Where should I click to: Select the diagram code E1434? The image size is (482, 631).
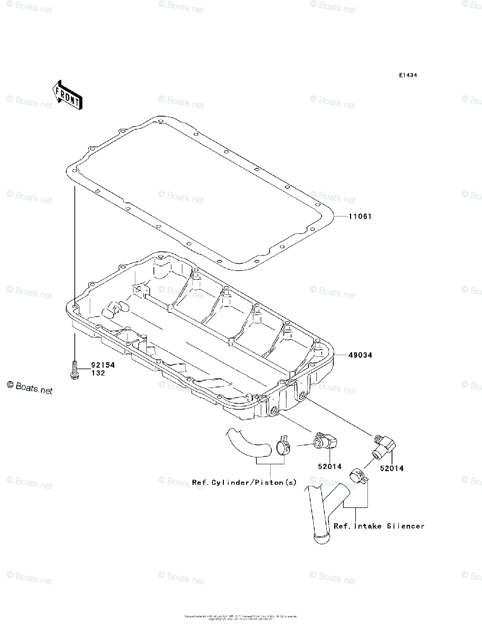[407, 76]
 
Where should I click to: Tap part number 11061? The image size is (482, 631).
[360, 216]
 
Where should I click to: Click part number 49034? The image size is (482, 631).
[360, 355]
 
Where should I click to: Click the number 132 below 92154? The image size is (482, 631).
[98, 373]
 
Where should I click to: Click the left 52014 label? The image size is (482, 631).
[330, 466]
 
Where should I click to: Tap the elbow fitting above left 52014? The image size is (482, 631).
[327, 442]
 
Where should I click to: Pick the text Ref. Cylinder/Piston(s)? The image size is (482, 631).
[244, 482]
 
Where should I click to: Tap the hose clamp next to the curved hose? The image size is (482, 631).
[284, 447]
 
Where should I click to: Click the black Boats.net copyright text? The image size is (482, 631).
[30, 390]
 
